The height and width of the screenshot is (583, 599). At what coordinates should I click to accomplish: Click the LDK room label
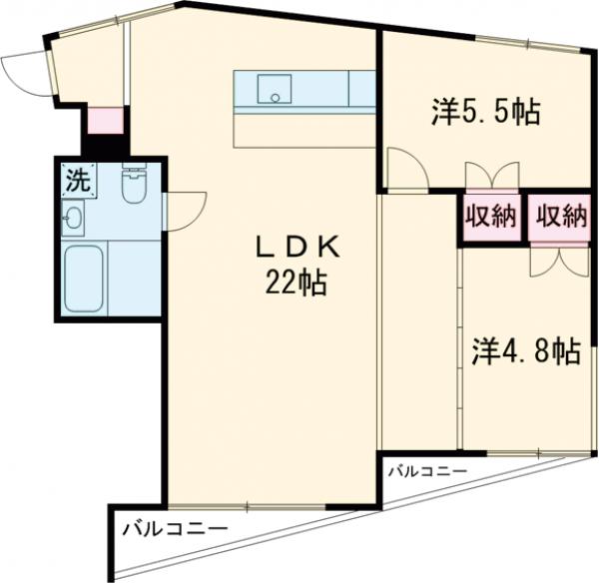[x=295, y=246]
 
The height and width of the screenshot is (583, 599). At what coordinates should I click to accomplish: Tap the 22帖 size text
[x=296, y=284]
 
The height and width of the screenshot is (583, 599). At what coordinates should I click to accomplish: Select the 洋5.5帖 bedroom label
[x=486, y=113]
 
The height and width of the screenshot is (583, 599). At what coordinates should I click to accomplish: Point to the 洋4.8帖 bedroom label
[x=524, y=350]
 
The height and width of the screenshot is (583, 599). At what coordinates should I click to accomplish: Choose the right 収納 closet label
[x=559, y=216]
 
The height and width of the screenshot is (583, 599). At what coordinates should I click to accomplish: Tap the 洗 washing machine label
[x=76, y=181]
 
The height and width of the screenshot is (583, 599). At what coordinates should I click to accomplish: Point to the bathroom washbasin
[x=73, y=217]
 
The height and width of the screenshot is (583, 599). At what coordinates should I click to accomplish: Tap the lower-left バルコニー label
[x=175, y=528]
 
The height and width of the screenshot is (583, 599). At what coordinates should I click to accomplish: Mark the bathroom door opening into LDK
[x=186, y=211]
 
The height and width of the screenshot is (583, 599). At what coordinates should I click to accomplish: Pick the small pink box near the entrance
[x=103, y=120]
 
